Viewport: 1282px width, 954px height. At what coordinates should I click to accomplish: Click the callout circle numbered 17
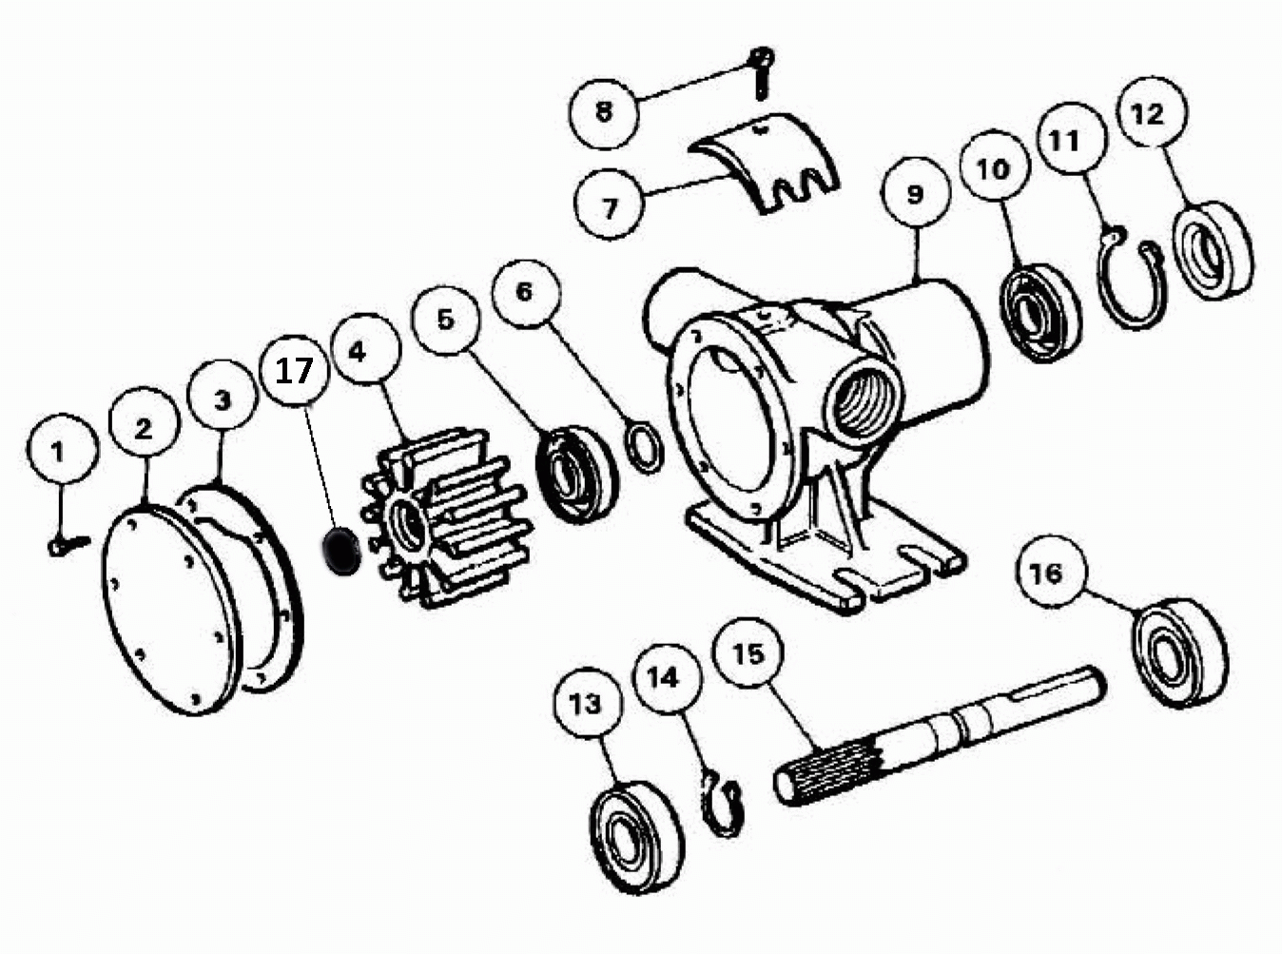pyautogui.click(x=295, y=371)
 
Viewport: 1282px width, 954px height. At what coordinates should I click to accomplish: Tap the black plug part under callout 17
pyautogui.click(x=340, y=551)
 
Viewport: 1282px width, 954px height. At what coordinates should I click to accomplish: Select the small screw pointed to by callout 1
pyautogui.click(x=68, y=544)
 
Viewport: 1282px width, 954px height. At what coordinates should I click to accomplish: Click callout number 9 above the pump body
pyautogui.click(x=915, y=192)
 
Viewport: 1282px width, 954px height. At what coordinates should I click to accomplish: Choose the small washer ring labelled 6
pyautogui.click(x=645, y=447)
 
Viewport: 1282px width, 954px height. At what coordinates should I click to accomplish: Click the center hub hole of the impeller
pyautogui.click(x=408, y=524)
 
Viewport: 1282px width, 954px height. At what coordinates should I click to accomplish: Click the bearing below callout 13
pyautogui.click(x=636, y=834)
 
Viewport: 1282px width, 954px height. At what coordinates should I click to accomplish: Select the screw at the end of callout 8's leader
pyautogui.click(x=762, y=71)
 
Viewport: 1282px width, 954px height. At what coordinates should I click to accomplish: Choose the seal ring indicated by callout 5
pyautogui.click(x=576, y=475)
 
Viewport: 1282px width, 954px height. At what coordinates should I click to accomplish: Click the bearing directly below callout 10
pyautogui.click(x=1040, y=313)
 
